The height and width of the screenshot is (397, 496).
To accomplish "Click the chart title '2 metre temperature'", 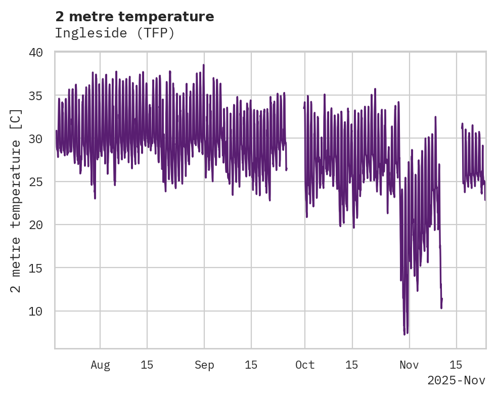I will (x=134, y=17).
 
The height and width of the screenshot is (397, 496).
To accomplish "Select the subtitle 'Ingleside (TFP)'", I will (x=115, y=33).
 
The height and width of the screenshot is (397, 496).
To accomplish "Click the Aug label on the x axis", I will (x=100, y=365).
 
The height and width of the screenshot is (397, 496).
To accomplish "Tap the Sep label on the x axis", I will (x=204, y=365).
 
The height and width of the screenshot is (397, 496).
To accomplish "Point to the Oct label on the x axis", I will (x=305, y=365).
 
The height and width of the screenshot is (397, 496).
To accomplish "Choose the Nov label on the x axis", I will (x=409, y=365).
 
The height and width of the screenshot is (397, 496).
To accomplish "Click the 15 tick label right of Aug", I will (x=147, y=365).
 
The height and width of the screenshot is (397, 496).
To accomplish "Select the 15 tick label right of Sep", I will (x=251, y=365).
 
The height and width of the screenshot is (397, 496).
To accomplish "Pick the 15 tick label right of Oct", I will (x=352, y=365).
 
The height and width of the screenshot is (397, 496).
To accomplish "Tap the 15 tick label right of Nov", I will (x=456, y=365).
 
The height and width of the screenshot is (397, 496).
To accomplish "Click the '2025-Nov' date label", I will (x=456, y=380).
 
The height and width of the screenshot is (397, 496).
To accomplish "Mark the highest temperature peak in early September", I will (x=204, y=65).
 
